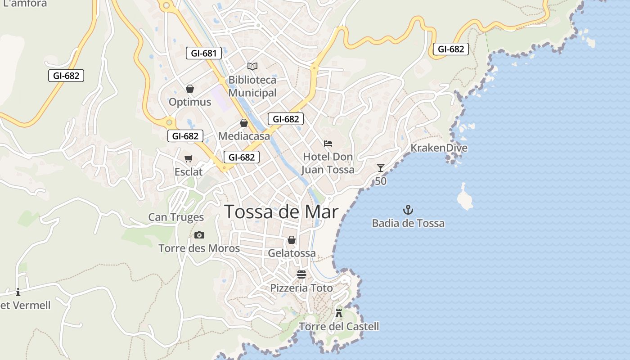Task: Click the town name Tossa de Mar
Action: point(281,211)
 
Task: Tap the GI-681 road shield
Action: point(204,53)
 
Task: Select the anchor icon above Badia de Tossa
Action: point(408,210)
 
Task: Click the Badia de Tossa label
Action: point(408,223)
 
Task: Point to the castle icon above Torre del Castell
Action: point(339,313)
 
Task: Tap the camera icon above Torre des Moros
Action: point(199,235)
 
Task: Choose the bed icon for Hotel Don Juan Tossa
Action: point(328,144)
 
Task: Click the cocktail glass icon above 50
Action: point(381,168)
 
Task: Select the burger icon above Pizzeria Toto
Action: point(301,274)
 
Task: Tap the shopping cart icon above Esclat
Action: point(189,158)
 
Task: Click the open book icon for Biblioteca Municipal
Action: point(252,66)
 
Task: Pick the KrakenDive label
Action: point(439,148)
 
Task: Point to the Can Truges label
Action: point(176,217)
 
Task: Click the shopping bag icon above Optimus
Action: point(190,89)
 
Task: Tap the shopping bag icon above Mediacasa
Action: point(244,123)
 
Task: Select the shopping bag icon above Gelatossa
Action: point(292,240)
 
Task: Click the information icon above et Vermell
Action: point(18,292)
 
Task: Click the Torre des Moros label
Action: point(199,248)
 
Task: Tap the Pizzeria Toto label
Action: point(301,288)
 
